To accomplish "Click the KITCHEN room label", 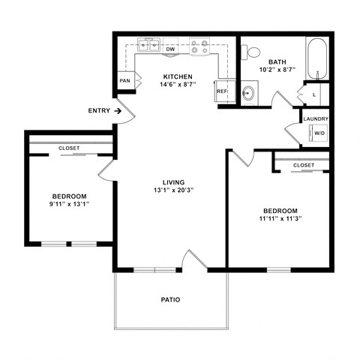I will pyautogui.click(x=178, y=76).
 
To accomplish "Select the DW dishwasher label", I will pyautogui.click(x=170, y=49).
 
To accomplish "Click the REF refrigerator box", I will pyautogui.click(x=222, y=91).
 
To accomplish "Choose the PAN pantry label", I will pyautogui.click(x=124, y=81).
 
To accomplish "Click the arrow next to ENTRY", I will pyautogui.click(x=118, y=111).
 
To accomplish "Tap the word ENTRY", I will pyautogui.click(x=99, y=111).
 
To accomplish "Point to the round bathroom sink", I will pyautogui.click(x=248, y=93).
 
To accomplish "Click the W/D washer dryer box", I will pyautogui.click(x=319, y=133).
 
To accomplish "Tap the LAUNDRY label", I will pyautogui.click(x=316, y=118).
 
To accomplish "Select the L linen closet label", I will pyautogui.click(x=313, y=94).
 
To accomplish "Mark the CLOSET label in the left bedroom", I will pyautogui.click(x=69, y=148).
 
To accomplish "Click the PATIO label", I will pyautogui.click(x=170, y=300).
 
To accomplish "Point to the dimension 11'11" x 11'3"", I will pyautogui.click(x=280, y=219).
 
